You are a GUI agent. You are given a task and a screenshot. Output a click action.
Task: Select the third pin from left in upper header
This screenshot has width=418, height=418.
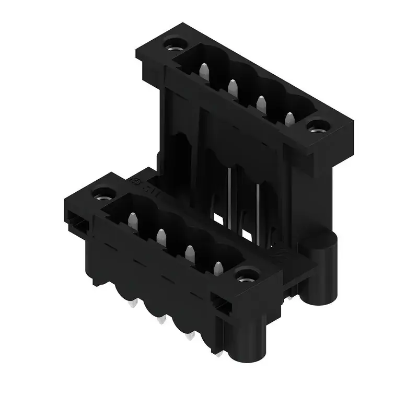click(260, 102)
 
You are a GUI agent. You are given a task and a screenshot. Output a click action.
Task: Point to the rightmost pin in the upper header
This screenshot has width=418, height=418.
click(288, 118)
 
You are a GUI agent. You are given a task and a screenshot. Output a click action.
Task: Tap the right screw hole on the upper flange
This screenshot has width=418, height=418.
click(318, 126)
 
